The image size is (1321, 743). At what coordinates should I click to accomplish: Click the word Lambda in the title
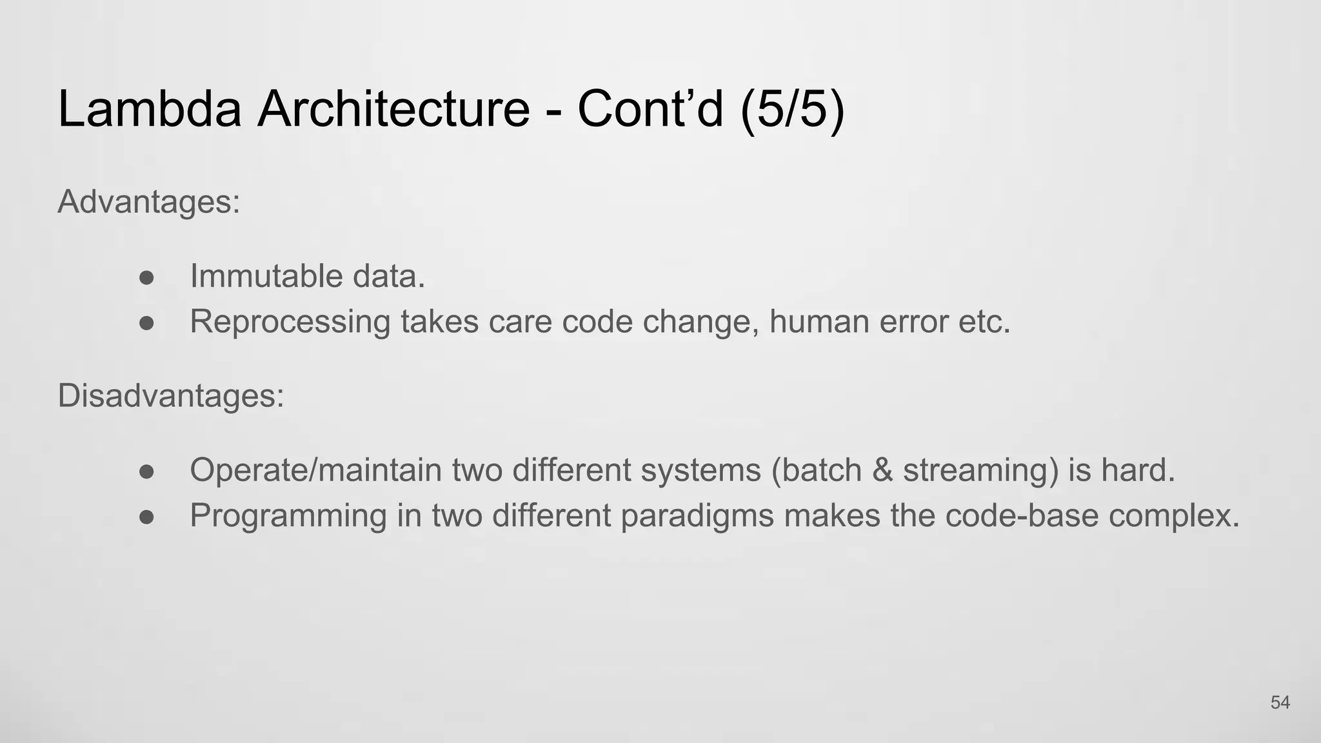pyautogui.click(x=150, y=108)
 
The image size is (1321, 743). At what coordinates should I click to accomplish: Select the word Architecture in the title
pyautogui.click(x=393, y=108)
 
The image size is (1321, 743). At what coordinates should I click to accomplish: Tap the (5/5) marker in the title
pyautogui.click(x=793, y=108)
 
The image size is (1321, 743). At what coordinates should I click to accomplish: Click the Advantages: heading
pyautogui.click(x=149, y=202)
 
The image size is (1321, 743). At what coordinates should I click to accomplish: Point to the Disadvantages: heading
pyautogui.click(x=171, y=395)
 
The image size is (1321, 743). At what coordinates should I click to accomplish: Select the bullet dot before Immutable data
pyautogui.click(x=147, y=277)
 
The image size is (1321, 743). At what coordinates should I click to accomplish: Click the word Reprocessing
pyautogui.click(x=290, y=322)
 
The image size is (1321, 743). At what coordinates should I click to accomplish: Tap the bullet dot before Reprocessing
pyautogui.click(x=147, y=322)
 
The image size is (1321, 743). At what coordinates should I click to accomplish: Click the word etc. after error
pyautogui.click(x=984, y=321)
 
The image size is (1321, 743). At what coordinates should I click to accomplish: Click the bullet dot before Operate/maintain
pyautogui.click(x=147, y=471)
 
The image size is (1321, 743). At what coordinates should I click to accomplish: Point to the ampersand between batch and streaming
pyautogui.click(x=882, y=470)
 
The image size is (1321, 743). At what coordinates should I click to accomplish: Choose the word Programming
pyautogui.click(x=288, y=516)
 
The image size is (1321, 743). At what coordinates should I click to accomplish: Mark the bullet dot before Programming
pyautogui.click(x=147, y=517)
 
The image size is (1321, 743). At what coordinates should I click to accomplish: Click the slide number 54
pyautogui.click(x=1280, y=702)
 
